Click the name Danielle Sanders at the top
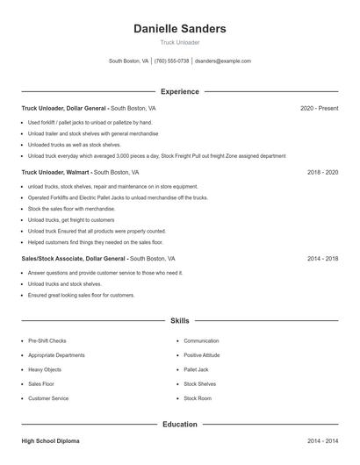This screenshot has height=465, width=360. coord(179,28)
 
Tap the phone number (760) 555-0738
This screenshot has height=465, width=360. coord(171,61)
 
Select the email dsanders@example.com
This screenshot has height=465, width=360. coord(223,61)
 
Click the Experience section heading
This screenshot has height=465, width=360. coord(179,91)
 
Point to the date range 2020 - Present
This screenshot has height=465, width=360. coord(319,108)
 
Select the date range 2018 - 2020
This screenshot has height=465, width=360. coord(322,172)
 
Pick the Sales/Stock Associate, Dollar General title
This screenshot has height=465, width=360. coord(74,259)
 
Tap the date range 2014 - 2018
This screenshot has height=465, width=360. coord(322,259)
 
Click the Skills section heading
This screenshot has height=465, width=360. coord(179,321)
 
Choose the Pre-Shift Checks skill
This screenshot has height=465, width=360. coord(47,340)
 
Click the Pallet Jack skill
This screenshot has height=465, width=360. coord(196,369)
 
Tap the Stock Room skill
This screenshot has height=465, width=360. coord(198,398)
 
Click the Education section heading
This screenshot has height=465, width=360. coord(179,425)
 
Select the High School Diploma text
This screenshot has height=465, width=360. coord(52,440)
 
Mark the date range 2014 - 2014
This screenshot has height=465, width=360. coord(322,440)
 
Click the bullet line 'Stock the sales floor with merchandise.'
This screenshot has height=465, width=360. coord(71,209)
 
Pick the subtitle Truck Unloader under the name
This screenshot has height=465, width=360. coord(179,42)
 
